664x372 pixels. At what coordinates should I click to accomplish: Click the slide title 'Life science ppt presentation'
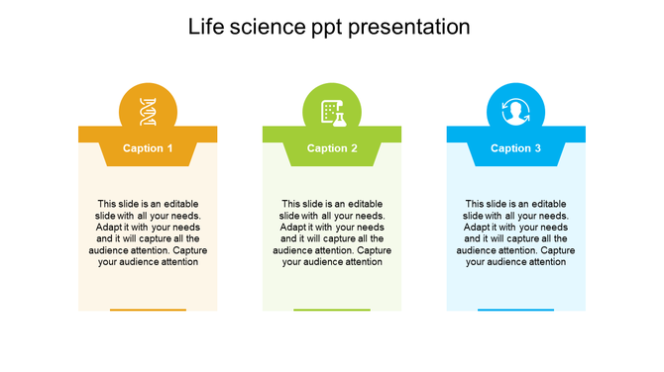329,27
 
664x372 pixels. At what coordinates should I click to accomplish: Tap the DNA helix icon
148,112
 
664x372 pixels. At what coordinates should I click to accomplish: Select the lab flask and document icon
332,112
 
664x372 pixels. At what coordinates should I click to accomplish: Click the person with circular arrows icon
515,112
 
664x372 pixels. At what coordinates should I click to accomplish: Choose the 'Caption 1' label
148,148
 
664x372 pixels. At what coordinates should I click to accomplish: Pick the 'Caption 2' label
332,148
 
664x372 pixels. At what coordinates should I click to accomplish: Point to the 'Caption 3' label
515,148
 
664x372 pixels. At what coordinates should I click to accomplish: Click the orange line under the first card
148,310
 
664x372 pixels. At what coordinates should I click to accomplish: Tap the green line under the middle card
332,310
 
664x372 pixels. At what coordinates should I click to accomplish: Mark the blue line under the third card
515,310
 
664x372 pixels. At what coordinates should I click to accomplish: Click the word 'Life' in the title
206,27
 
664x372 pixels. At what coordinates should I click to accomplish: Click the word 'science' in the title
264,27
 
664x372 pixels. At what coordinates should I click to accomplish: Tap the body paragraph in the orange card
148,232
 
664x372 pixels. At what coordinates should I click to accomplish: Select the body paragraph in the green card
332,232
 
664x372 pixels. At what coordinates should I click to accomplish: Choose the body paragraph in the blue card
515,232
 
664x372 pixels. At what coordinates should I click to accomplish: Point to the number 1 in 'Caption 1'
169,148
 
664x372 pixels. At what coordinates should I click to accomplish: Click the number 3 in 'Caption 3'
538,148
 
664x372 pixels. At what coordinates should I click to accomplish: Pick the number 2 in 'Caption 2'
354,148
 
